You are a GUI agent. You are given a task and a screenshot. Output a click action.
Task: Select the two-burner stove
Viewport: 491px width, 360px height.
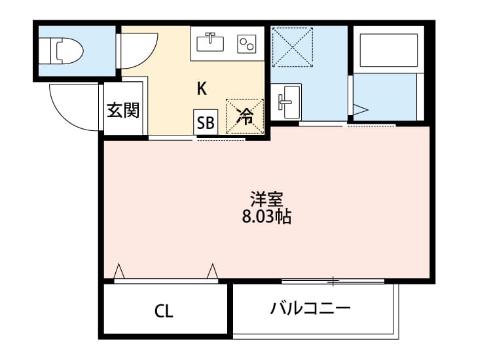pyautogui.click(x=247, y=43)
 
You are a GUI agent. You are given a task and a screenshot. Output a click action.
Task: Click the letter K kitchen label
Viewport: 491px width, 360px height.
pyautogui.click(x=202, y=88)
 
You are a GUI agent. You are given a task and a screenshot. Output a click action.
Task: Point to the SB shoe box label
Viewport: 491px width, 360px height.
pyautogui.click(x=205, y=122)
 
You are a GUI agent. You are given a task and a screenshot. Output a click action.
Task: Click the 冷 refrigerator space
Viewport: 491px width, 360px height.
pyautogui.click(x=245, y=117)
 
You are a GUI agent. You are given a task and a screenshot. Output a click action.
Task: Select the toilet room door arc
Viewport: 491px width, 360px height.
pyautogui.click(x=139, y=51)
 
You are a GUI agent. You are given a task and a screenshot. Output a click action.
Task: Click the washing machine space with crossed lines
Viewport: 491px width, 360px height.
pyautogui.click(x=293, y=46)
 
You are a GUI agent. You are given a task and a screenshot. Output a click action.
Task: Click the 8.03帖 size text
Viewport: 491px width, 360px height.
pyautogui.click(x=266, y=217)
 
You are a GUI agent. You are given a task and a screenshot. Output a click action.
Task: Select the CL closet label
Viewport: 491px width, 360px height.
pyautogui.click(x=164, y=312)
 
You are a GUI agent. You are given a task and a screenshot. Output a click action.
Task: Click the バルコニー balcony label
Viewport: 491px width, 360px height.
pyautogui.click(x=310, y=308)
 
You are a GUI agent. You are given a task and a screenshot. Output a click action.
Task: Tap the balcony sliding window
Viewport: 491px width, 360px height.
pyautogui.click(x=333, y=282)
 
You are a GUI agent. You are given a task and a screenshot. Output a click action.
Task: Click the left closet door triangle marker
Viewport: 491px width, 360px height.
pyautogui.click(x=119, y=270)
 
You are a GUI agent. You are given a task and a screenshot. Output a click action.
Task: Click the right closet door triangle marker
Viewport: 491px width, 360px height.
pyautogui.click(x=212, y=270)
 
